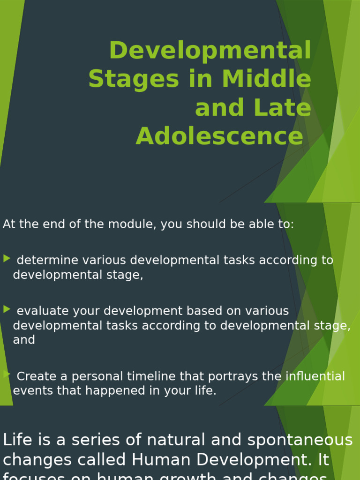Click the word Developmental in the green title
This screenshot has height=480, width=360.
pyautogui.click(x=210, y=51)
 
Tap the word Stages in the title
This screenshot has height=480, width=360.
pyautogui.click(x=134, y=79)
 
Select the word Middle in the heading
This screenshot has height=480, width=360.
pyautogui.click(x=267, y=79)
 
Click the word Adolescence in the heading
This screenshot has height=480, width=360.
pyautogui.click(x=219, y=136)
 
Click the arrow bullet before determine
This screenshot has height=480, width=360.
pyautogui.click(x=7, y=258)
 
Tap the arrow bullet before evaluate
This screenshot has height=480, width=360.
pyautogui.click(x=7, y=309)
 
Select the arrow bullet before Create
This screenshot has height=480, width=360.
pyautogui.click(x=7, y=374)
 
